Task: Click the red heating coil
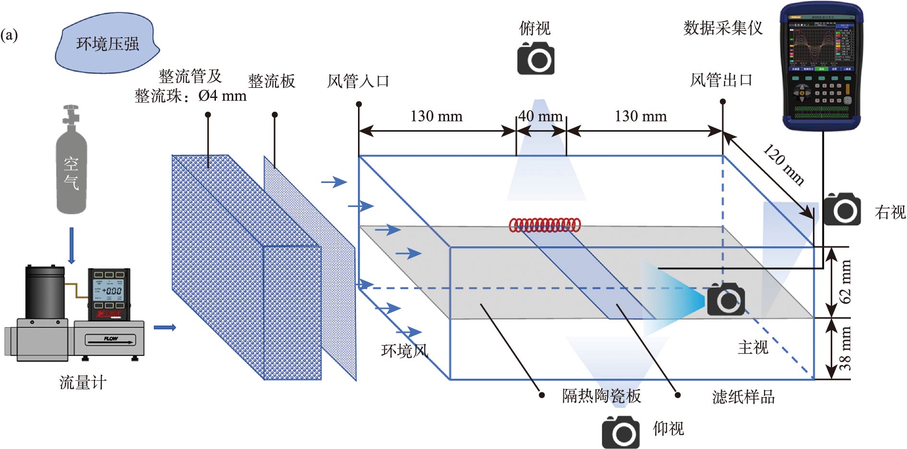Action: click(545, 225)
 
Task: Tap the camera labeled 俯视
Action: click(536, 58)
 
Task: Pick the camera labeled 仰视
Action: click(621, 432)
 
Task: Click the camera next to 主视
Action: click(726, 299)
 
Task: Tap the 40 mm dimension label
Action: click(540, 116)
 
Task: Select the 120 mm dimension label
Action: click(784, 165)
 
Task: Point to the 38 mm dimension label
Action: click(845, 348)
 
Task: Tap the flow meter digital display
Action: click(108, 291)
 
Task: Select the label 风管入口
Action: click(358, 81)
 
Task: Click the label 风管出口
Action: click(721, 80)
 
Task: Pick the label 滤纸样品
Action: click(743, 397)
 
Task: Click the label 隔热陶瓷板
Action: click(601, 396)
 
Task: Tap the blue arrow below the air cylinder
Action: click(72, 245)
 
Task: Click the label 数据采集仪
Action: click(723, 28)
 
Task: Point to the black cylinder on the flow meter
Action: click(45, 292)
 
